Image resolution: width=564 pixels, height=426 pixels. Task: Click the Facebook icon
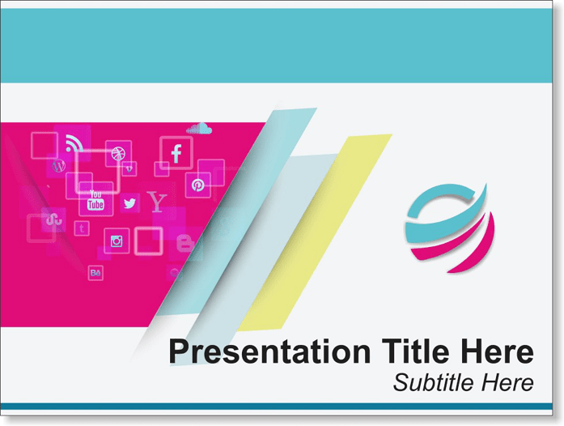(176, 153)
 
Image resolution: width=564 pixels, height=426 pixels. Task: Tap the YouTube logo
(95, 201)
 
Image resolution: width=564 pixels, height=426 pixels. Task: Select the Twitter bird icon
(129, 203)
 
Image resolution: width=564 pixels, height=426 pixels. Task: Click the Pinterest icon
(197, 185)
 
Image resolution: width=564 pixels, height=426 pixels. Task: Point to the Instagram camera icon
(117, 241)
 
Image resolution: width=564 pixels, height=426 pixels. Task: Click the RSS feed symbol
(74, 143)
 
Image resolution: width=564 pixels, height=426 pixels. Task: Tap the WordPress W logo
(58, 166)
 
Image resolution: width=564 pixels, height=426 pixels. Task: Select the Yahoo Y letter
(157, 202)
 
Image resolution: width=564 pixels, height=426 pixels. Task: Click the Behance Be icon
(95, 273)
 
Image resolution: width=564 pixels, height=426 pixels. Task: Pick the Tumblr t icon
(82, 228)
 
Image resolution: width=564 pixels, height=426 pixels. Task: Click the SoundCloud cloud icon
(199, 129)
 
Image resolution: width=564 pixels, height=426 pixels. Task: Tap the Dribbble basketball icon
(118, 153)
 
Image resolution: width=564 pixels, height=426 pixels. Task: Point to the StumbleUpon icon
(54, 219)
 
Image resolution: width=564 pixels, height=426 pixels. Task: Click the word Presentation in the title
(269, 351)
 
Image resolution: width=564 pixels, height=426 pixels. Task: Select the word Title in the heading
(415, 351)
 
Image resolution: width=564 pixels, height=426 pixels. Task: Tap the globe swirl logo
(450, 228)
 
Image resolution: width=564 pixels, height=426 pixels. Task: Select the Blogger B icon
(184, 244)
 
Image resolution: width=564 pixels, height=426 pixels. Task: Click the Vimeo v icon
(129, 168)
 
